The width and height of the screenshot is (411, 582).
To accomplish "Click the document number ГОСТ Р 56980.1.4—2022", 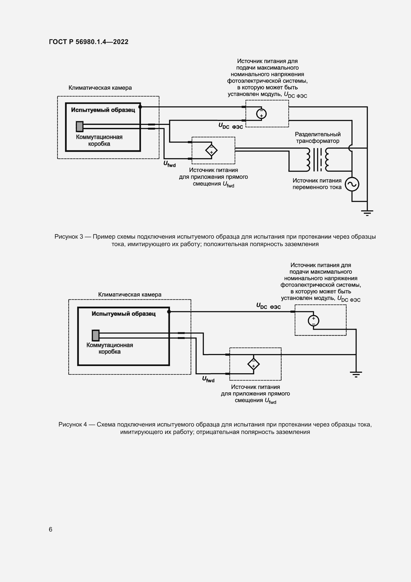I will (x=88, y=42).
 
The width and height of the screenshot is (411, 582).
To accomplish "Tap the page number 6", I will (x=51, y=529).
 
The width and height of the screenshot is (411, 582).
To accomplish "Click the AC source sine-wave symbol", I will (x=352, y=184).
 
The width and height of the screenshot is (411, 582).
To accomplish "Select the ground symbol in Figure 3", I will (x=367, y=212).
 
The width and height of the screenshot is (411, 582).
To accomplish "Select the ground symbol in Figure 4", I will (x=356, y=374).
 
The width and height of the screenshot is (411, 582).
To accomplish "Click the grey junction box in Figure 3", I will (x=80, y=126).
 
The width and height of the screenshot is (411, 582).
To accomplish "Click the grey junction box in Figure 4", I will (x=96, y=335).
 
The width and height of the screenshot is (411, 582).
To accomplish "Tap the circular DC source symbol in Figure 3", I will (x=261, y=113).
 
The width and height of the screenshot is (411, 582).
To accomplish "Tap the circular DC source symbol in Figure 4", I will (x=313, y=321).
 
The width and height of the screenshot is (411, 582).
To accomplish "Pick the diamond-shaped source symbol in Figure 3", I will (x=211, y=151).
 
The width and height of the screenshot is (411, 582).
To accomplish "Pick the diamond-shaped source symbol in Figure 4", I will (x=253, y=364).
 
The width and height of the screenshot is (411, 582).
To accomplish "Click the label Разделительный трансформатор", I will (x=318, y=138).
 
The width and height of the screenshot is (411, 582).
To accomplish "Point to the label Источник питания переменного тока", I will (x=317, y=184).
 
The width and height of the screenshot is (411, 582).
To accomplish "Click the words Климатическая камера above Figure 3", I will (x=100, y=88).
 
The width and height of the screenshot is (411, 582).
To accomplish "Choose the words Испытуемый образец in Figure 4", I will (x=123, y=314).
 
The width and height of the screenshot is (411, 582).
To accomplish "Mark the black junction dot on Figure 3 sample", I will (x=140, y=107).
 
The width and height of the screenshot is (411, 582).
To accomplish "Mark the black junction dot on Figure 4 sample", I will (x=169, y=312).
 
